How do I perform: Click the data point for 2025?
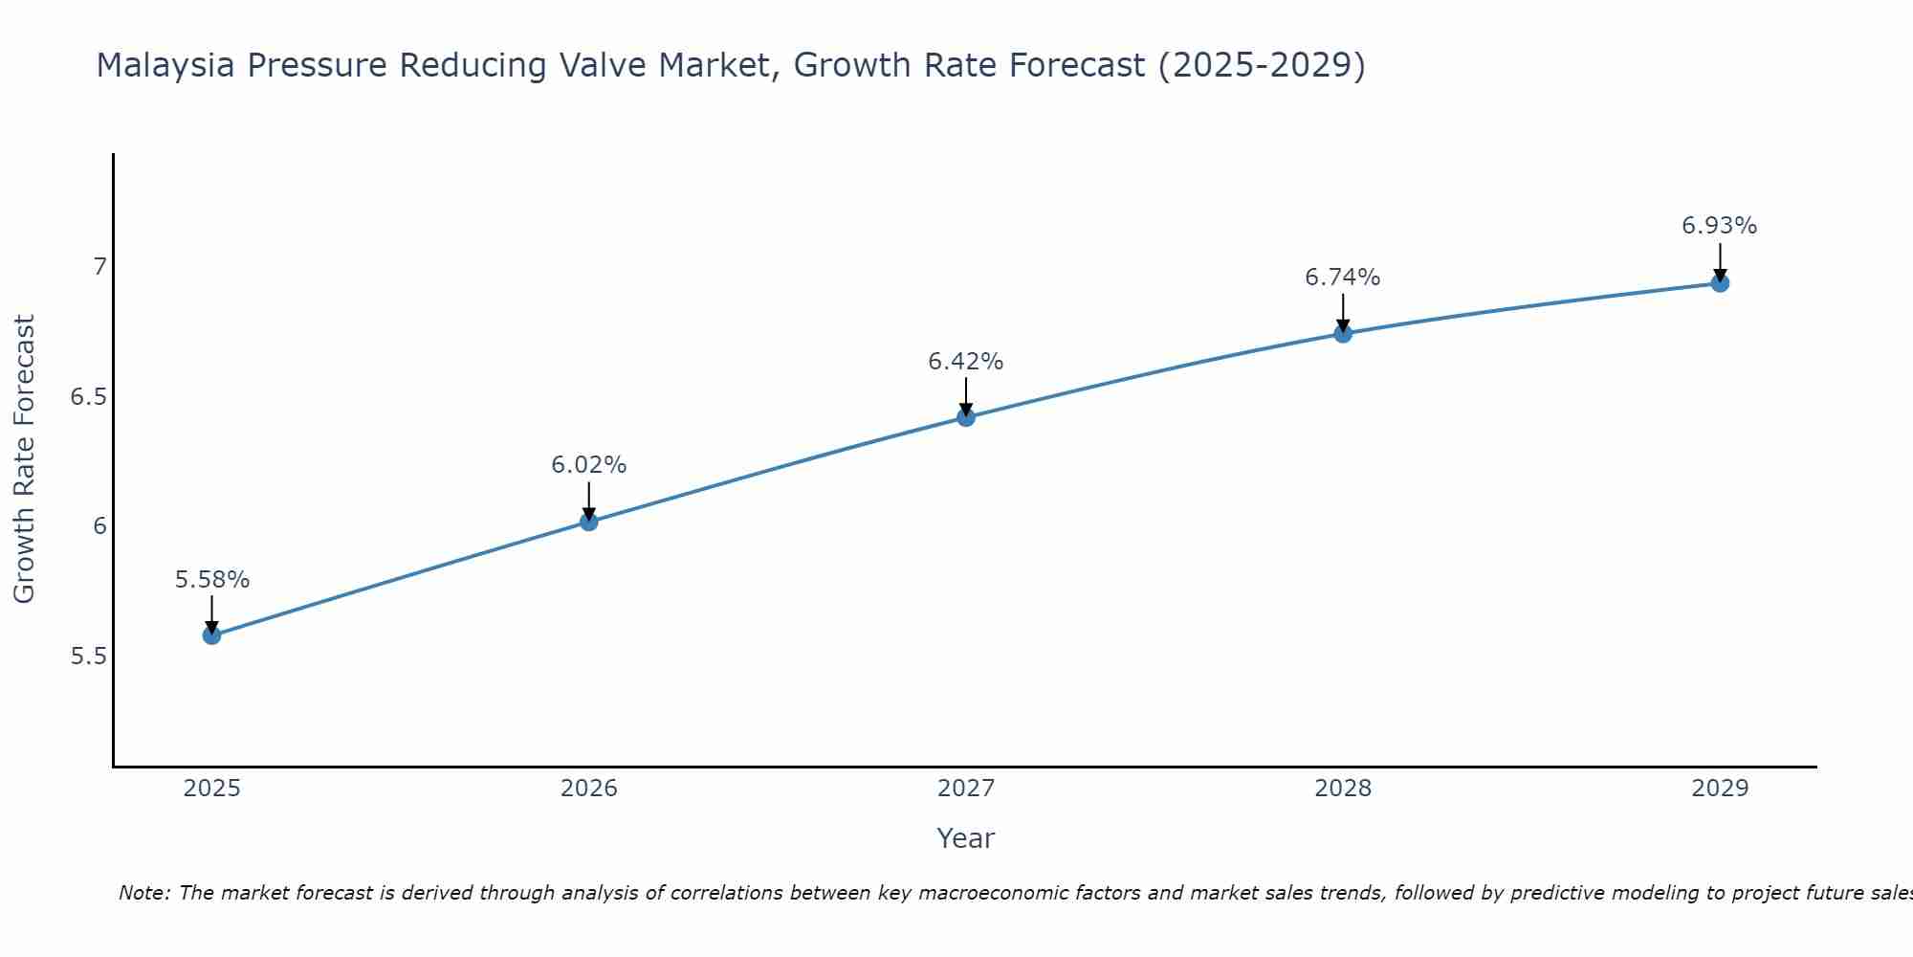pos(212,635)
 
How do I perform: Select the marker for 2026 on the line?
pos(589,522)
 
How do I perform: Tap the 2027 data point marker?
pos(966,417)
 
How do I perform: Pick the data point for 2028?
pos(1343,334)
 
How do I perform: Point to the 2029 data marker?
pos(1720,283)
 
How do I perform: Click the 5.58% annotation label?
pos(212,580)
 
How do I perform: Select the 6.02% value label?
pos(589,465)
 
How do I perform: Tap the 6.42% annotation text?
pos(966,362)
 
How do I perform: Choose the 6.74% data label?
pos(1343,278)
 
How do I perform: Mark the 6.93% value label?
pos(1720,226)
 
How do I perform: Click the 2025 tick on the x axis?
pos(212,789)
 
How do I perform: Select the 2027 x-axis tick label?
pos(966,789)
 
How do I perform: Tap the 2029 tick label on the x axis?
pos(1720,789)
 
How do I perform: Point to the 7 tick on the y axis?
pos(99,266)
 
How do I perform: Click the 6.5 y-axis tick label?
pos(88,396)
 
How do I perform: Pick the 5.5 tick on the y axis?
pos(88,657)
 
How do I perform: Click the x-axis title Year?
pos(966,838)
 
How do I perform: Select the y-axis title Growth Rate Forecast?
pos(25,459)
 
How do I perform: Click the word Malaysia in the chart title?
pos(166,65)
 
